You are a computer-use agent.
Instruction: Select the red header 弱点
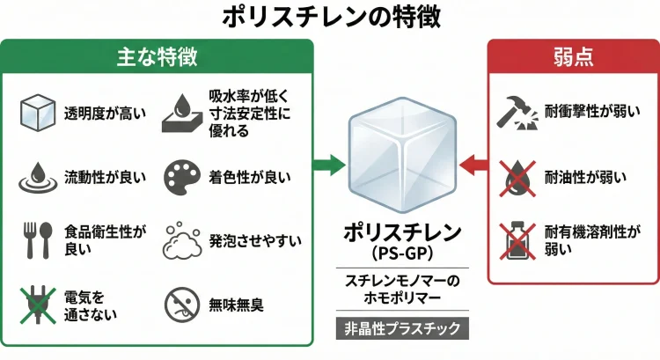tap(572, 56)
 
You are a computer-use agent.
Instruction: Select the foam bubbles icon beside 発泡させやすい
tap(183, 240)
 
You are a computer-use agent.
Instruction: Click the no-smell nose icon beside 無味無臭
tap(181, 305)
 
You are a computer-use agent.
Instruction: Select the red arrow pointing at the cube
tap(475, 164)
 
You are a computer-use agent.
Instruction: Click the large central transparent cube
tap(401, 158)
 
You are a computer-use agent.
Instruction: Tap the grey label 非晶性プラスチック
tap(402, 327)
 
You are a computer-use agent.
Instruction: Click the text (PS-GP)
tap(402, 253)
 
